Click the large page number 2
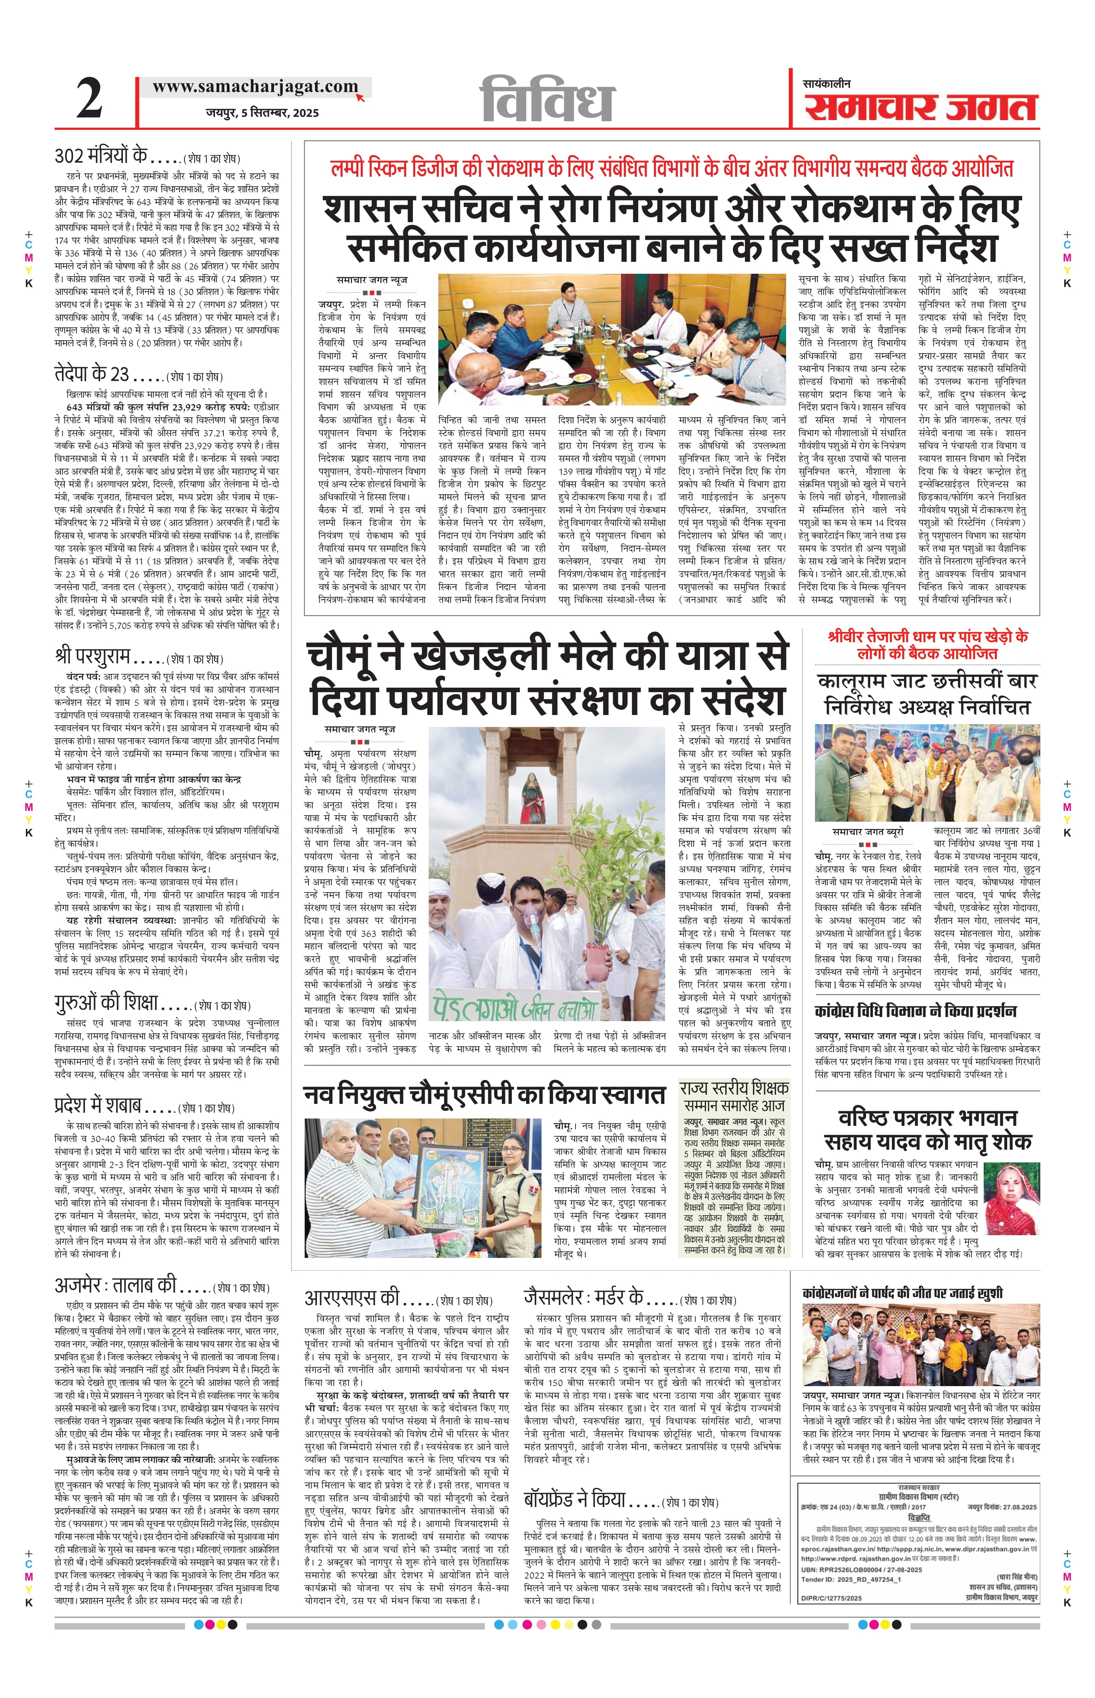[90, 99]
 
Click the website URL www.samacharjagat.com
[255, 87]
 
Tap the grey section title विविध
[548, 99]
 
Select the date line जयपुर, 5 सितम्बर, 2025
[262, 112]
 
